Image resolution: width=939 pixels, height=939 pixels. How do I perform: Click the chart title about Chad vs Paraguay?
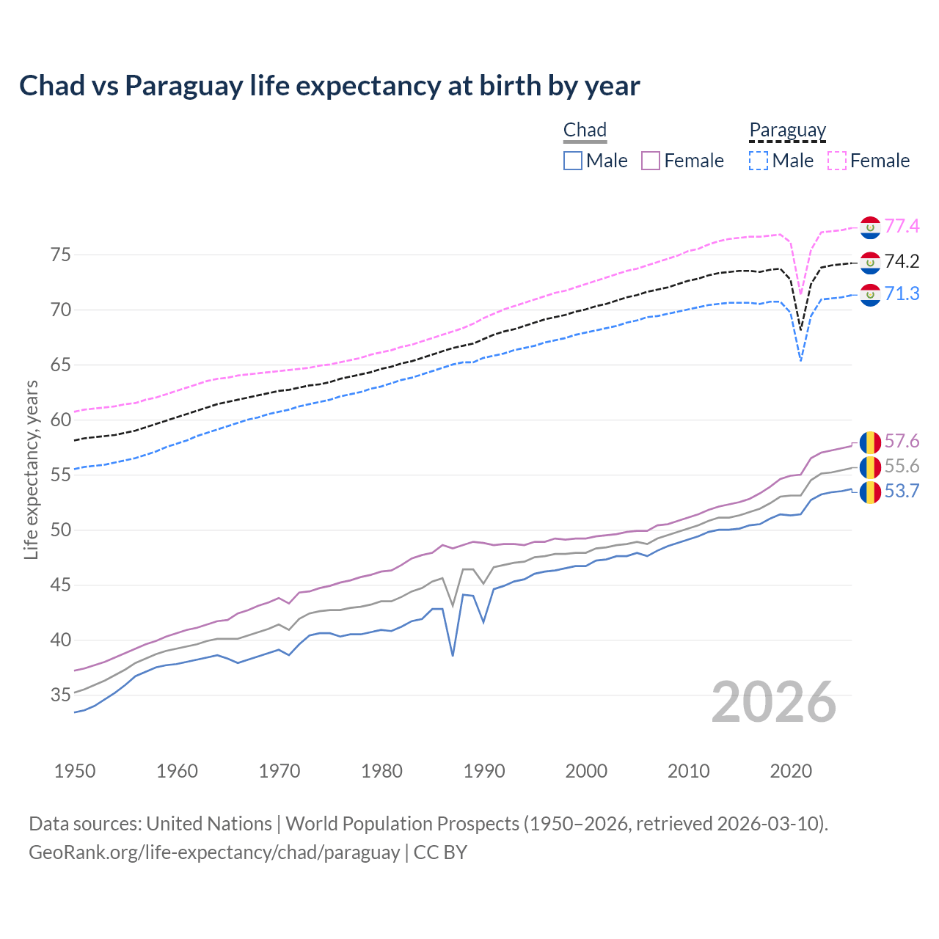click(x=329, y=86)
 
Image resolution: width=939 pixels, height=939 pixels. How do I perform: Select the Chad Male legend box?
click(x=573, y=161)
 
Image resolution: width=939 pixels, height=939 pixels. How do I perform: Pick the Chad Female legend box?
click(x=651, y=161)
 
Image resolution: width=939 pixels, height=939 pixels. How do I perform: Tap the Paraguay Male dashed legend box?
click(x=759, y=161)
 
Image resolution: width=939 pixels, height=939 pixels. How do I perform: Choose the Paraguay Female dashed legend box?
click(x=837, y=161)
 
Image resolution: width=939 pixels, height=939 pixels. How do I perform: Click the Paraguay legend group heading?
click(x=787, y=131)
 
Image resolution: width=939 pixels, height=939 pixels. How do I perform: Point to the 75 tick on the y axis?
click(x=61, y=255)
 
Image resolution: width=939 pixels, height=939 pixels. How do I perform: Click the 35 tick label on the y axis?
click(x=61, y=695)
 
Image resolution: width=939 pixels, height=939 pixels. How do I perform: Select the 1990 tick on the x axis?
click(x=484, y=771)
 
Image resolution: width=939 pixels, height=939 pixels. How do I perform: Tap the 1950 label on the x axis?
click(x=75, y=771)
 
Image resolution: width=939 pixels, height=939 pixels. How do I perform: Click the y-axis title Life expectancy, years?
click(x=31, y=469)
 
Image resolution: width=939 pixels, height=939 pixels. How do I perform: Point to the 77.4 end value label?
click(x=902, y=227)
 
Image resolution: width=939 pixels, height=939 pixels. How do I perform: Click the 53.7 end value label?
click(x=902, y=492)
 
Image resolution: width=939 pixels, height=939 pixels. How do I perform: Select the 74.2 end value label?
click(x=902, y=262)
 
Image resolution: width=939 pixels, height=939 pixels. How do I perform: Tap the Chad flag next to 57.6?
click(x=870, y=442)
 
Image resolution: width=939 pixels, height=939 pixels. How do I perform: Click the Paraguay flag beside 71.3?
click(x=870, y=294)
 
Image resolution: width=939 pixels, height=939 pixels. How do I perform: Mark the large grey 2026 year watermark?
click(x=774, y=703)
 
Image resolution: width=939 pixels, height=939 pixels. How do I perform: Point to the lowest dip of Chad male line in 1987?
click(x=453, y=655)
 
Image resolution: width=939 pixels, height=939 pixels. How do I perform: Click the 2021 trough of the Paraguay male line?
click(x=800, y=360)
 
